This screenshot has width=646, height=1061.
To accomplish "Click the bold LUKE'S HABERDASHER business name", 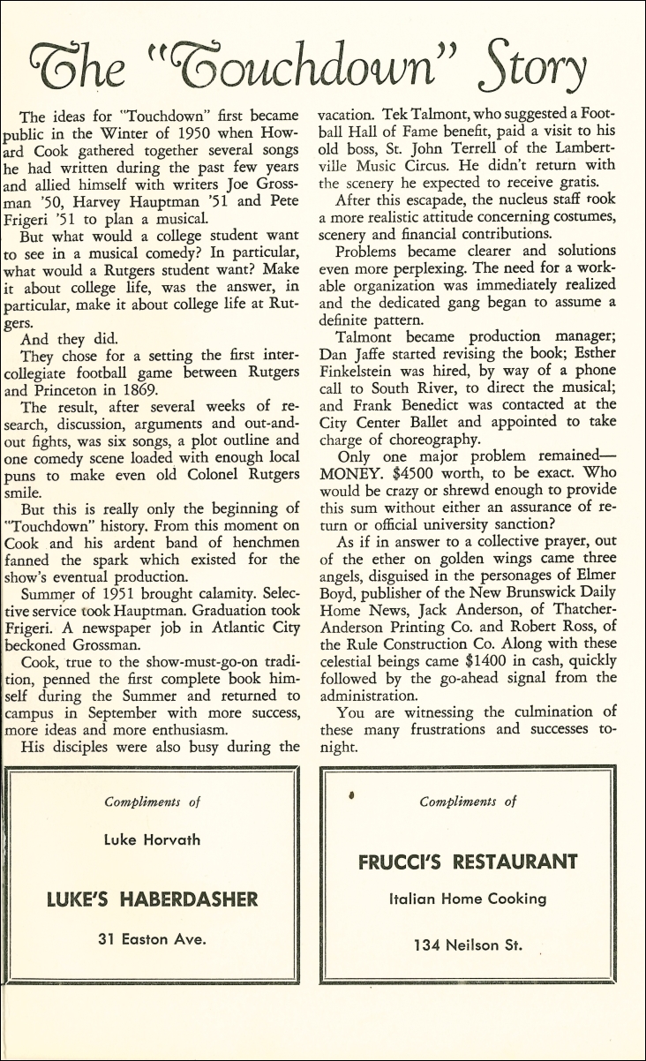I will (152, 899).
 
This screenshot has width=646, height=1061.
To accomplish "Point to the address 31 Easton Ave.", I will (152, 938).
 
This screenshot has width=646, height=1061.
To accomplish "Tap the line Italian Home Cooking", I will (468, 899).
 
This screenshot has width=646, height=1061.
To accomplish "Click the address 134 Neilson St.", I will (468, 945).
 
